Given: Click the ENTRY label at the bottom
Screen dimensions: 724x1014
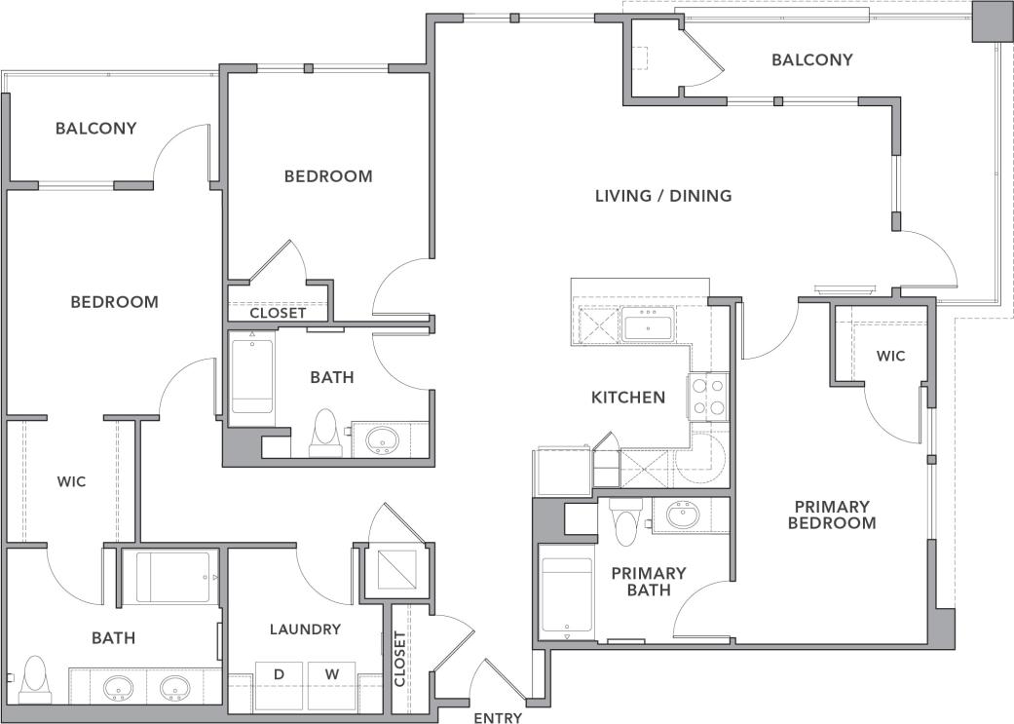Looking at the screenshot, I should [498, 718].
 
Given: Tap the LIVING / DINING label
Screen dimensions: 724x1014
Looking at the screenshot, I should [663, 196].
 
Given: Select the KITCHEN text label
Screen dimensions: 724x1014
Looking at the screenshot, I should [628, 398].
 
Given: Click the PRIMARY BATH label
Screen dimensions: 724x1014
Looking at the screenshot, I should [649, 581].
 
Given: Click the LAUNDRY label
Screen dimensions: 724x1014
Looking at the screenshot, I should [305, 629].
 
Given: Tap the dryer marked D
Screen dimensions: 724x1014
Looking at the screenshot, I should [279, 674].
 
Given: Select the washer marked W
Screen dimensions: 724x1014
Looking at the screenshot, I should [331, 674].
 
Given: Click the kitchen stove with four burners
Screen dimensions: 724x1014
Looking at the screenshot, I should [708, 397].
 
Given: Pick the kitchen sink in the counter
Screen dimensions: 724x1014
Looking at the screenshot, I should [648, 325].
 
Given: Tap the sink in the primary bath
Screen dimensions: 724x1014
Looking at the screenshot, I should [683, 514].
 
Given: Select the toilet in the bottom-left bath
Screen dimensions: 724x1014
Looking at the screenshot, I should [35, 678].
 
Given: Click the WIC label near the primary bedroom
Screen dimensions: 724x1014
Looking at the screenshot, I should [890, 356].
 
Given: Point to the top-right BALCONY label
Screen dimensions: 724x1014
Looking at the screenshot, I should [812, 60].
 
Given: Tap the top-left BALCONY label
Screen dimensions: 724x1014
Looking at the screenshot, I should [95, 128].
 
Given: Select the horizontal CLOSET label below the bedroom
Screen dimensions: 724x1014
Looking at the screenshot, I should [279, 313].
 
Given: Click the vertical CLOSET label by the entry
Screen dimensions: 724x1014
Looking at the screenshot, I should [400, 659].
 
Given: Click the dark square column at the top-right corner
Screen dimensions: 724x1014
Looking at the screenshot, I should [992, 20].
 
